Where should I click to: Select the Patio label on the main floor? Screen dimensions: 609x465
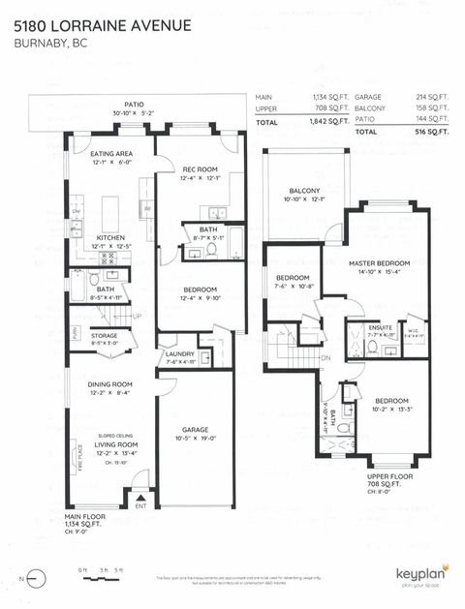click(135, 104)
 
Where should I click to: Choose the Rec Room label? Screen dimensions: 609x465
click(200, 169)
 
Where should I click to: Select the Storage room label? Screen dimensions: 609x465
click(105, 336)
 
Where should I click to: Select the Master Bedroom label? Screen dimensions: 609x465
click(381, 263)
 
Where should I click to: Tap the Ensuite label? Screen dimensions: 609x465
click(381, 327)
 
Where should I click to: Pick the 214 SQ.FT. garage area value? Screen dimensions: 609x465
click(433, 98)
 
